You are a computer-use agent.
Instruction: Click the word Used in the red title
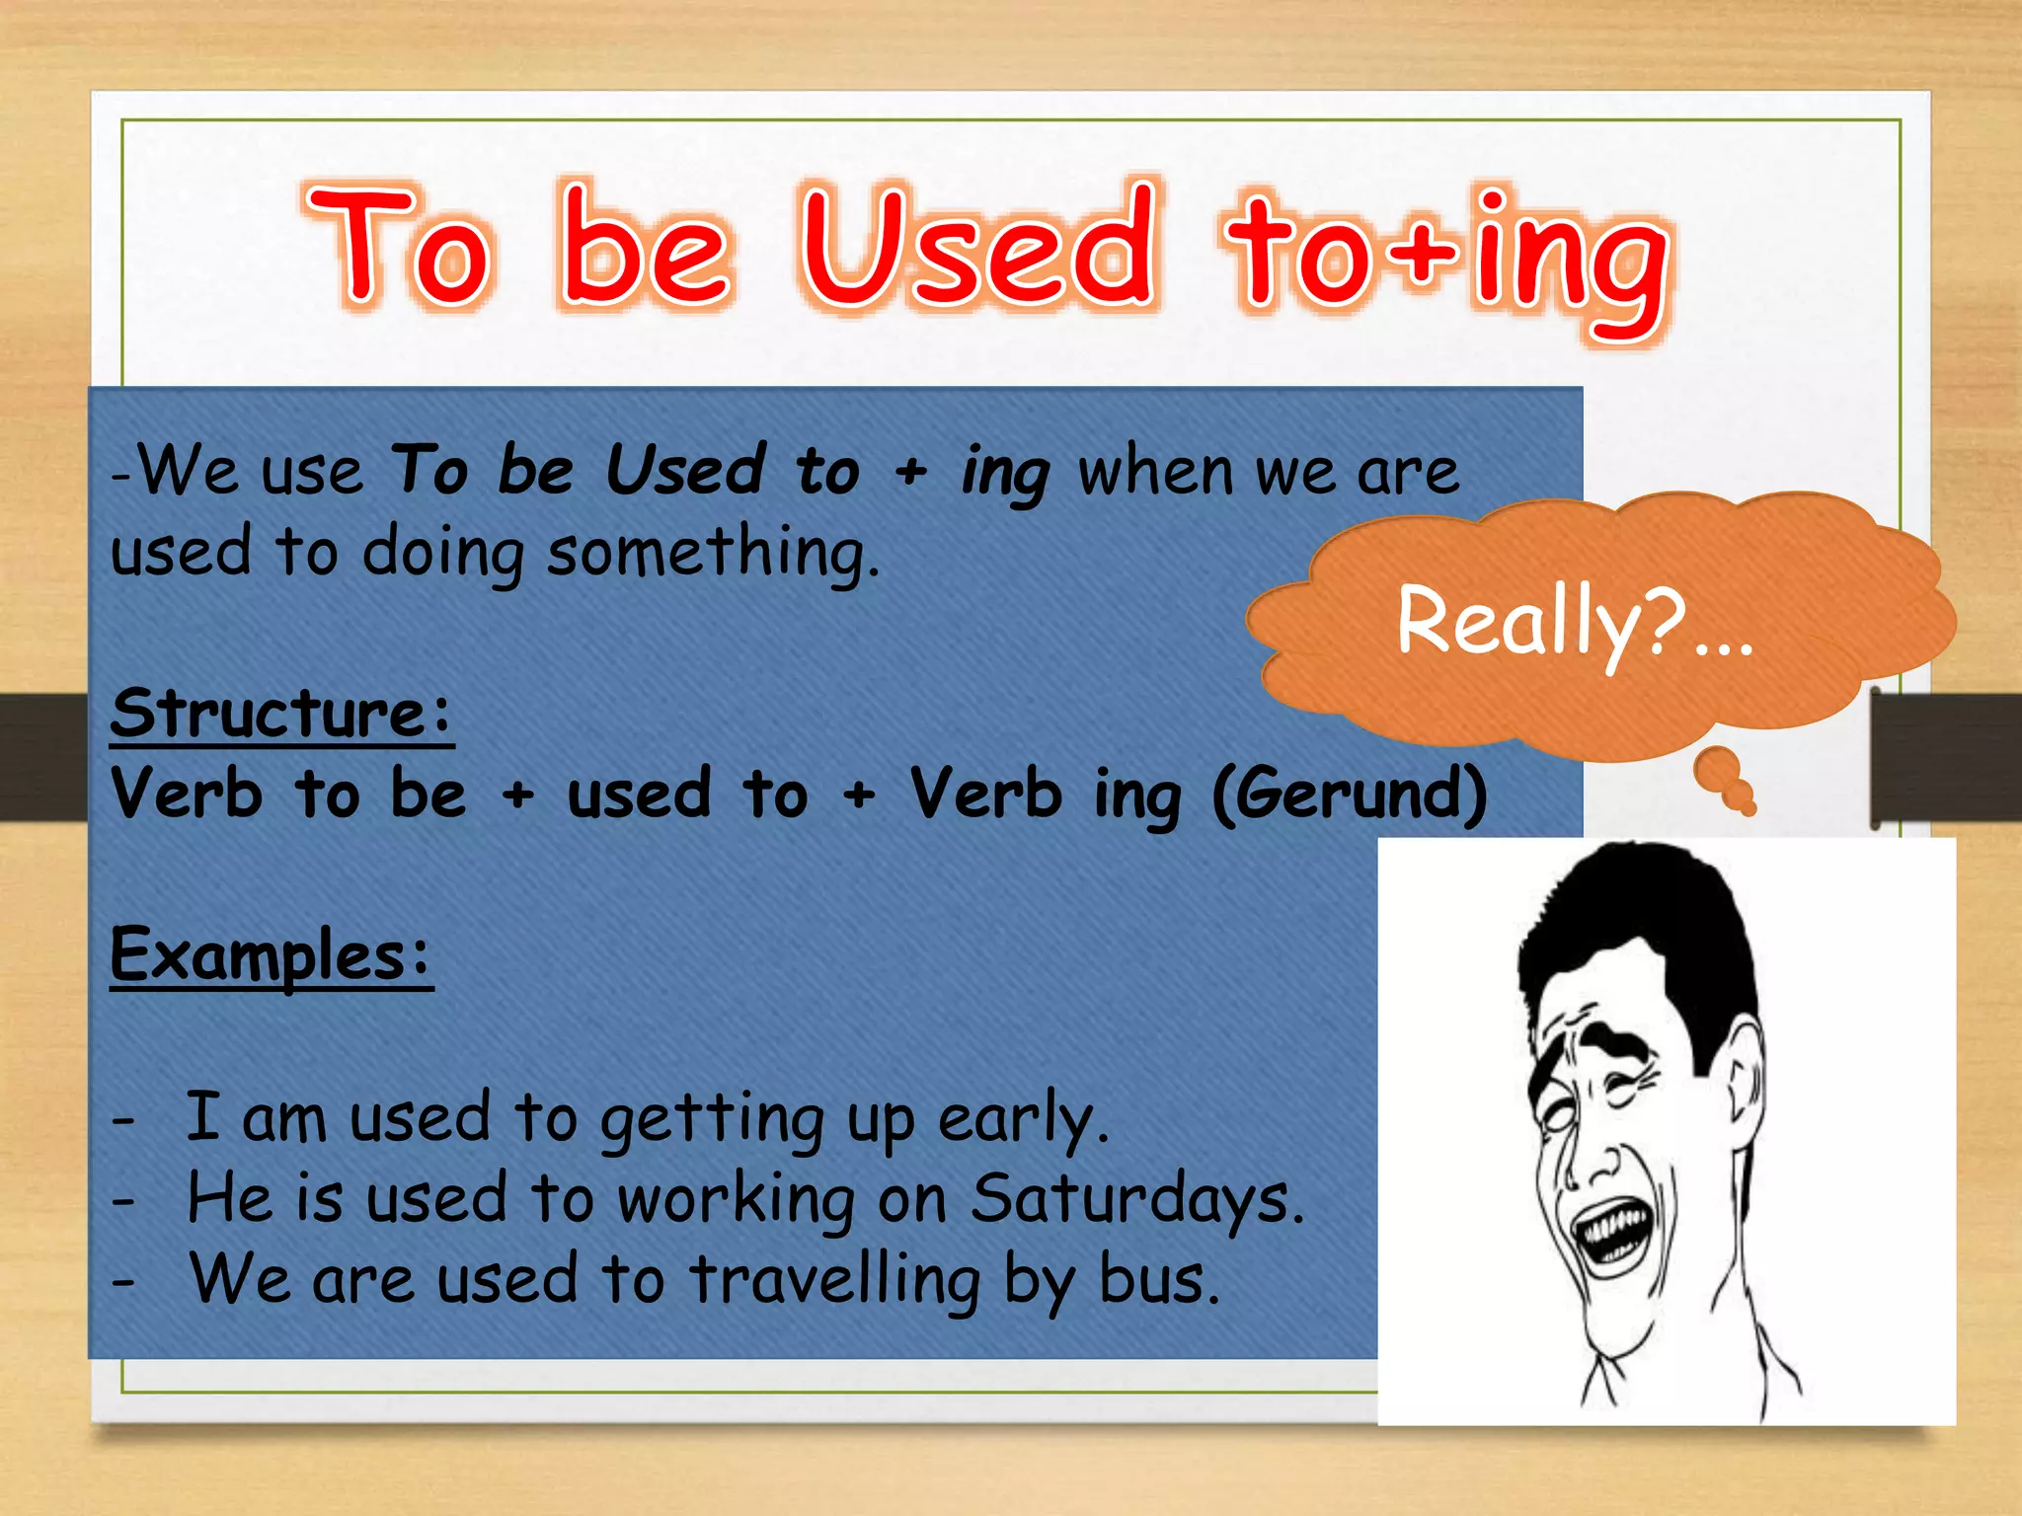coord(977,247)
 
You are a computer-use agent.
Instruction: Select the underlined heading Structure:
coord(281,713)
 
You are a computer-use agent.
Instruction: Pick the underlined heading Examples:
coord(272,954)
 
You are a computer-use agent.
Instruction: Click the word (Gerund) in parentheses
coord(1349,795)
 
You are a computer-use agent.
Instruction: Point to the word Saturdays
coord(1135,1199)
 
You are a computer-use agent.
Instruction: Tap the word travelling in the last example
coord(834,1280)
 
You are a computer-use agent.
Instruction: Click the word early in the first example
coord(1022,1120)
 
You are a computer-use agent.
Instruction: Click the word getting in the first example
coord(711,1120)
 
